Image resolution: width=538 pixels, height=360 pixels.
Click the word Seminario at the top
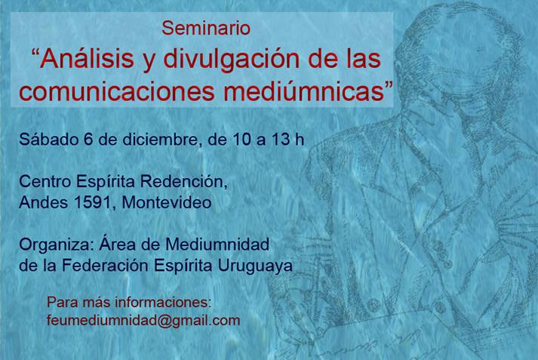(x=206, y=28)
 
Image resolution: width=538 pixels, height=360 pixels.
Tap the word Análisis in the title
(x=87, y=58)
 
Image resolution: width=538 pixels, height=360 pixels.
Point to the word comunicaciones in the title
(x=117, y=91)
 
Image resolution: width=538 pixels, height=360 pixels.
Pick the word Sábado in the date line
(x=49, y=139)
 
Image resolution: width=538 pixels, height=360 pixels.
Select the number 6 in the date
(x=88, y=139)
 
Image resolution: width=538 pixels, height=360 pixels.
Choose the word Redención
(x=184, y=181)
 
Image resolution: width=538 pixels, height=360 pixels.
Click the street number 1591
(x=92, y=202)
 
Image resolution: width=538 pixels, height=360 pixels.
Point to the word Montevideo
(x=167, y=202)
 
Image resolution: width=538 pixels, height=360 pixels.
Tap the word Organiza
(x=57, y=245)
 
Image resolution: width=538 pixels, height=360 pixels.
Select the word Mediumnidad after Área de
(x=217, y=245)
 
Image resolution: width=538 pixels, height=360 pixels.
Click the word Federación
(x=106, y=265)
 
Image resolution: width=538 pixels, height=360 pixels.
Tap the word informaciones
(x=163, y=302)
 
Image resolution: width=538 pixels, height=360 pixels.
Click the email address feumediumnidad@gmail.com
(x=143, y=321)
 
